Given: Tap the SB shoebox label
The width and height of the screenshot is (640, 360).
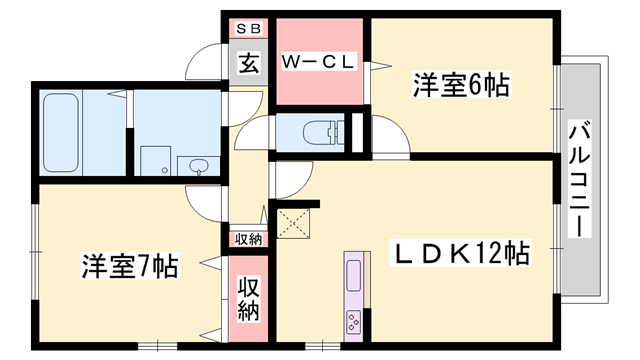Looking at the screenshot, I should tap(247, 30).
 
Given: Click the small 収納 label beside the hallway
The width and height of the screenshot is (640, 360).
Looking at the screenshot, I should tap(248, 239).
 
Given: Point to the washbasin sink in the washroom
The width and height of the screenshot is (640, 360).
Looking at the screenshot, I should tap(198, 165).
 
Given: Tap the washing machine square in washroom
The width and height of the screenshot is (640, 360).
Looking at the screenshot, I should tap(156, 160).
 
